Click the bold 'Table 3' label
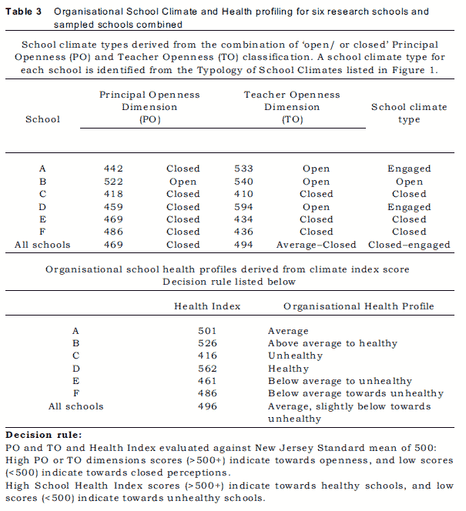(x=24, y=12)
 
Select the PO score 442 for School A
(x=113, y=169)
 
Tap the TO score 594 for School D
(x=244, y=207)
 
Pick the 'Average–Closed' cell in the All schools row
(x=316, y=245)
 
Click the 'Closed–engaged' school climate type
(x=409, y=245)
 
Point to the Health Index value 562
(x=207, y=369)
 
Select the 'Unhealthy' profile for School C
(x=295, y=356)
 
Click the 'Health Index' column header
(x=207, y=306)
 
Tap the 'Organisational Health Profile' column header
(x=358, y=306)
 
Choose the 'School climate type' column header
(x=408, y=113)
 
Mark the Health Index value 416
(x=207, y=356)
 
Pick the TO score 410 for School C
(x=244, y=194)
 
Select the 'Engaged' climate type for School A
(x=409, y=169)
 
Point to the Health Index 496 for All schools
(x=207, y=406)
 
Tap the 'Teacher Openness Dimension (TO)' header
(x=292, y=107)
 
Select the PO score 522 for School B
(x=113, y=182)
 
